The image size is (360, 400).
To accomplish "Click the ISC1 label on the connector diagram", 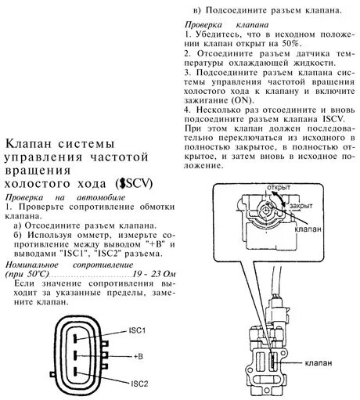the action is click(x=138, y=330).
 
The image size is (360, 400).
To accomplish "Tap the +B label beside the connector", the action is click(x=138, y=356).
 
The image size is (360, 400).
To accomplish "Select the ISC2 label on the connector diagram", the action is click(x=139, y=384).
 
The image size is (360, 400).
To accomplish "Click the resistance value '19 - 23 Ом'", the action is click(x=158, y=276).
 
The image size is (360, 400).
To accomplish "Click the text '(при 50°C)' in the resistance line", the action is click(x=27, y=276).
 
